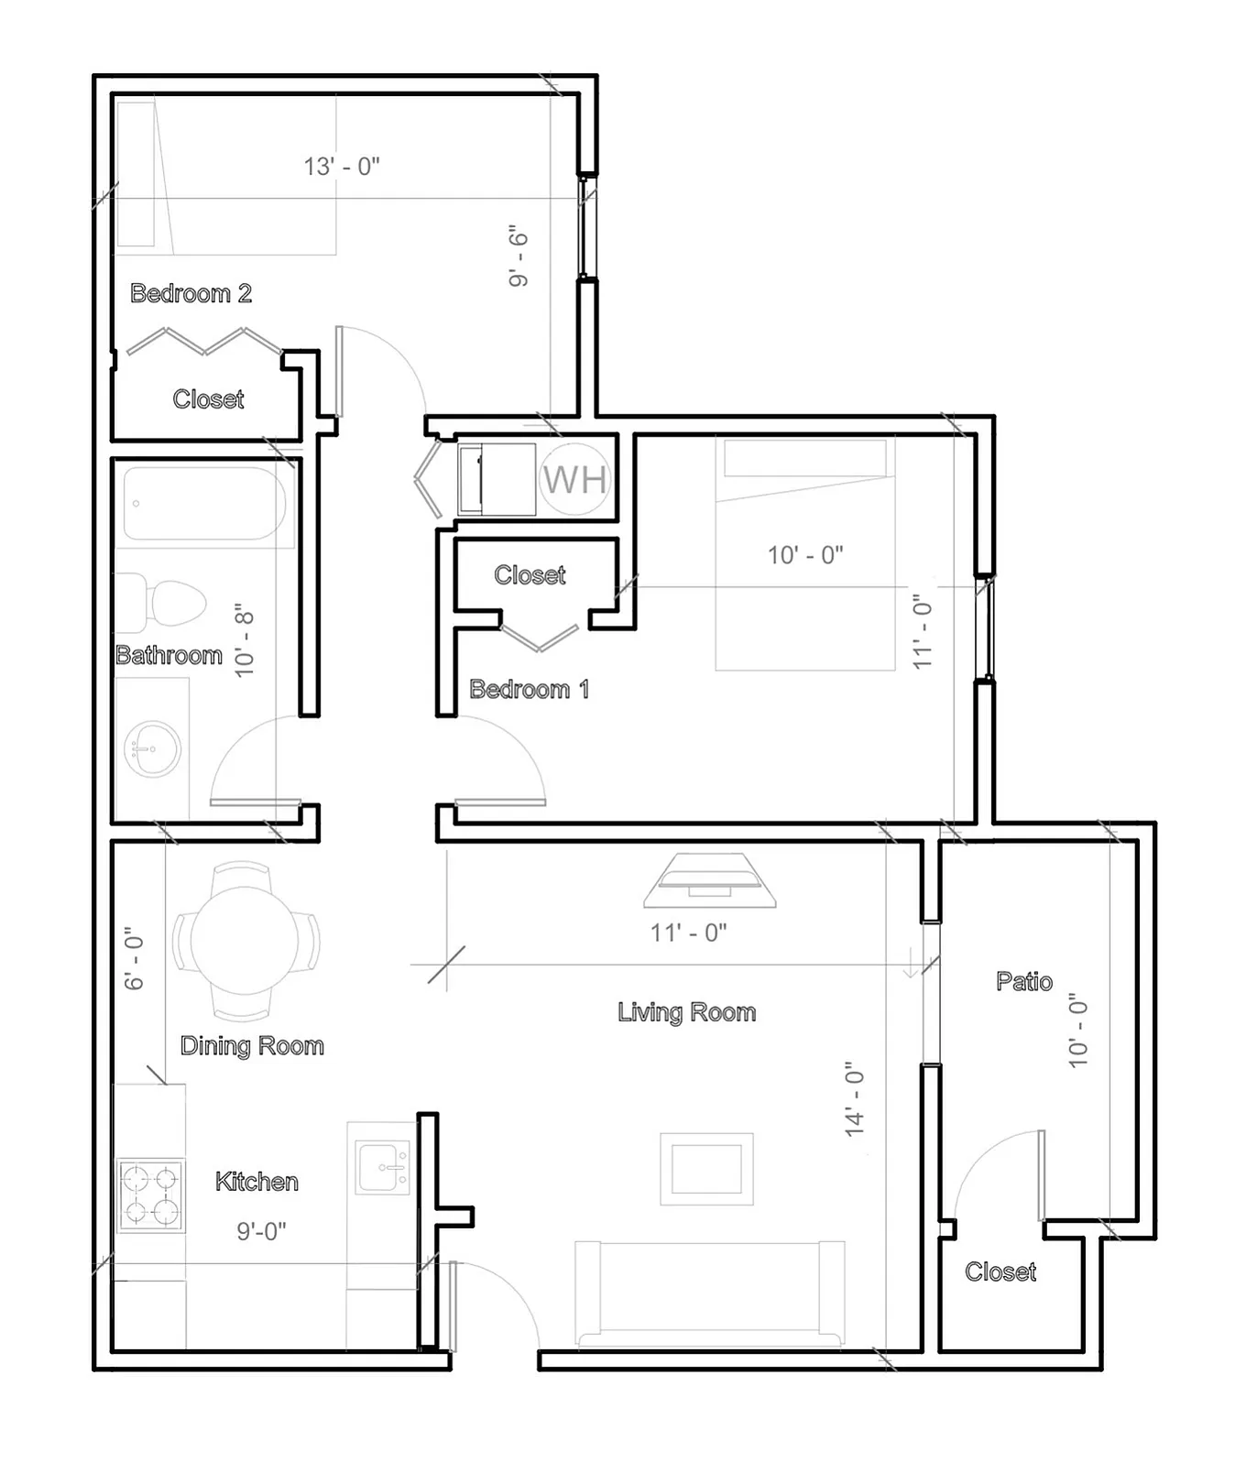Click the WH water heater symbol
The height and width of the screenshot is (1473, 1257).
pos(574,479)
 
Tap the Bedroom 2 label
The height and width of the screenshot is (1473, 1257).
pos(191,293)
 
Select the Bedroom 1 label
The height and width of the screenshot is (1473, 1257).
pos(529,689)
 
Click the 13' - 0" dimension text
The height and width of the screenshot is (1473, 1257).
pos(342,166)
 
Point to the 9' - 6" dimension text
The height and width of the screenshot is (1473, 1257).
pos(519,256)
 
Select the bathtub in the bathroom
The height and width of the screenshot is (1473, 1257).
pos(204,504)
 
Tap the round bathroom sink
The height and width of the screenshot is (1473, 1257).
pos(152,748)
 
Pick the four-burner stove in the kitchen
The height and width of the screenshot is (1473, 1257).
pos(151,1195)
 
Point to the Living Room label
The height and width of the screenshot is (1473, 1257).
pos(686,1012)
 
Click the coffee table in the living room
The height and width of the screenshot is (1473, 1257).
pos(706,1169)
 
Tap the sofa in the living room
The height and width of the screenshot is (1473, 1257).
pos(710,1293)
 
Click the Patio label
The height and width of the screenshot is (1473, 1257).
pos(1024,981)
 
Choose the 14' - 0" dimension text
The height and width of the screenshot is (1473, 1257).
pos(855,1099)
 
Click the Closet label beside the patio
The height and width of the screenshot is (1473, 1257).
pos(1000,1271)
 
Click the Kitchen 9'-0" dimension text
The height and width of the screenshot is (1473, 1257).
pos(261,1231)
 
